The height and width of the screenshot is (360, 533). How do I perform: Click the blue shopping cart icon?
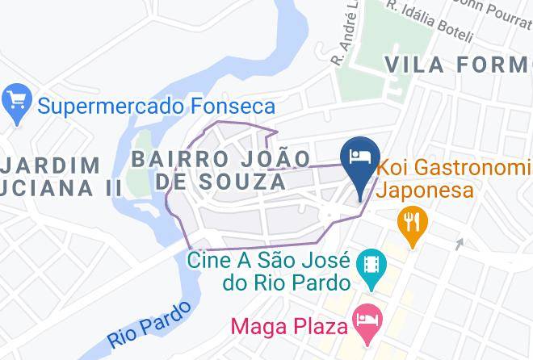(x=15, y=104)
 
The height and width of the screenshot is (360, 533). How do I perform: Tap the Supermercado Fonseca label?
(x=157, y=106)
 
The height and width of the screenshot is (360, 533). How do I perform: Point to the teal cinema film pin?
(x=371, y=266)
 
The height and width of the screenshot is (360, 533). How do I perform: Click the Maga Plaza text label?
(x=289, y=327)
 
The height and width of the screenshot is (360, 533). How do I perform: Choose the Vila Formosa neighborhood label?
(x=458, y=65)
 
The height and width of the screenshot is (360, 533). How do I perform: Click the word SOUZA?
(x=240, y=182)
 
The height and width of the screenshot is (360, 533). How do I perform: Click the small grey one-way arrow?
(x=460, y=243)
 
